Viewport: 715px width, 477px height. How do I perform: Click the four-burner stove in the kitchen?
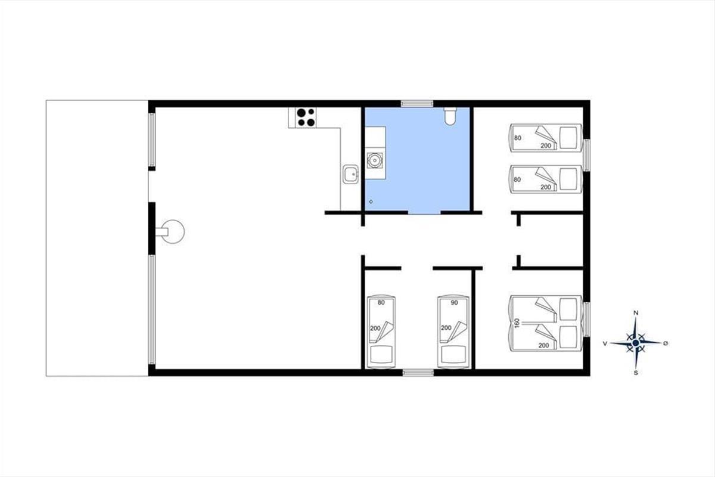(306, 117)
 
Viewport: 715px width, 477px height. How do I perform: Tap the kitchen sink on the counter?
(350, 174)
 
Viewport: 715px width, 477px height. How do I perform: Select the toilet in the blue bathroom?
(450, 116)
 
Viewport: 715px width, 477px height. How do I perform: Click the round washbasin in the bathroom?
(375, 160)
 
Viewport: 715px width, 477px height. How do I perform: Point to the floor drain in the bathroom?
(371, 202)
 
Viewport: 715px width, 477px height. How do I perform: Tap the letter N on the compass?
(636, 313)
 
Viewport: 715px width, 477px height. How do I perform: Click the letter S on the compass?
(636, 373)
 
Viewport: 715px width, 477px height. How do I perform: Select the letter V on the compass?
(605, 343)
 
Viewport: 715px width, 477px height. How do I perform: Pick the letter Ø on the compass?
(666, 343)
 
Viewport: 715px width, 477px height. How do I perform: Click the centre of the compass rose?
(636, 343)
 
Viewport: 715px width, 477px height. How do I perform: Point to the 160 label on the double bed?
(517, 323)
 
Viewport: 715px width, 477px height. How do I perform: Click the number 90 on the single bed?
(454, 302)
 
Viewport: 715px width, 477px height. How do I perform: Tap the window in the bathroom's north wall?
(417, 104)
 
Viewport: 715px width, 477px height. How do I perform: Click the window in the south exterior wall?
(418, 373)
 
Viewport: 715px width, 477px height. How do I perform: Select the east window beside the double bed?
(587, 319)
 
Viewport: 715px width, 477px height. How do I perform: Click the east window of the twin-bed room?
(587, 155)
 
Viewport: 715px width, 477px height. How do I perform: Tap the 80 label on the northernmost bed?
(517, 138)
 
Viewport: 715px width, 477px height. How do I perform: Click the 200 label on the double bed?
(543, 345)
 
